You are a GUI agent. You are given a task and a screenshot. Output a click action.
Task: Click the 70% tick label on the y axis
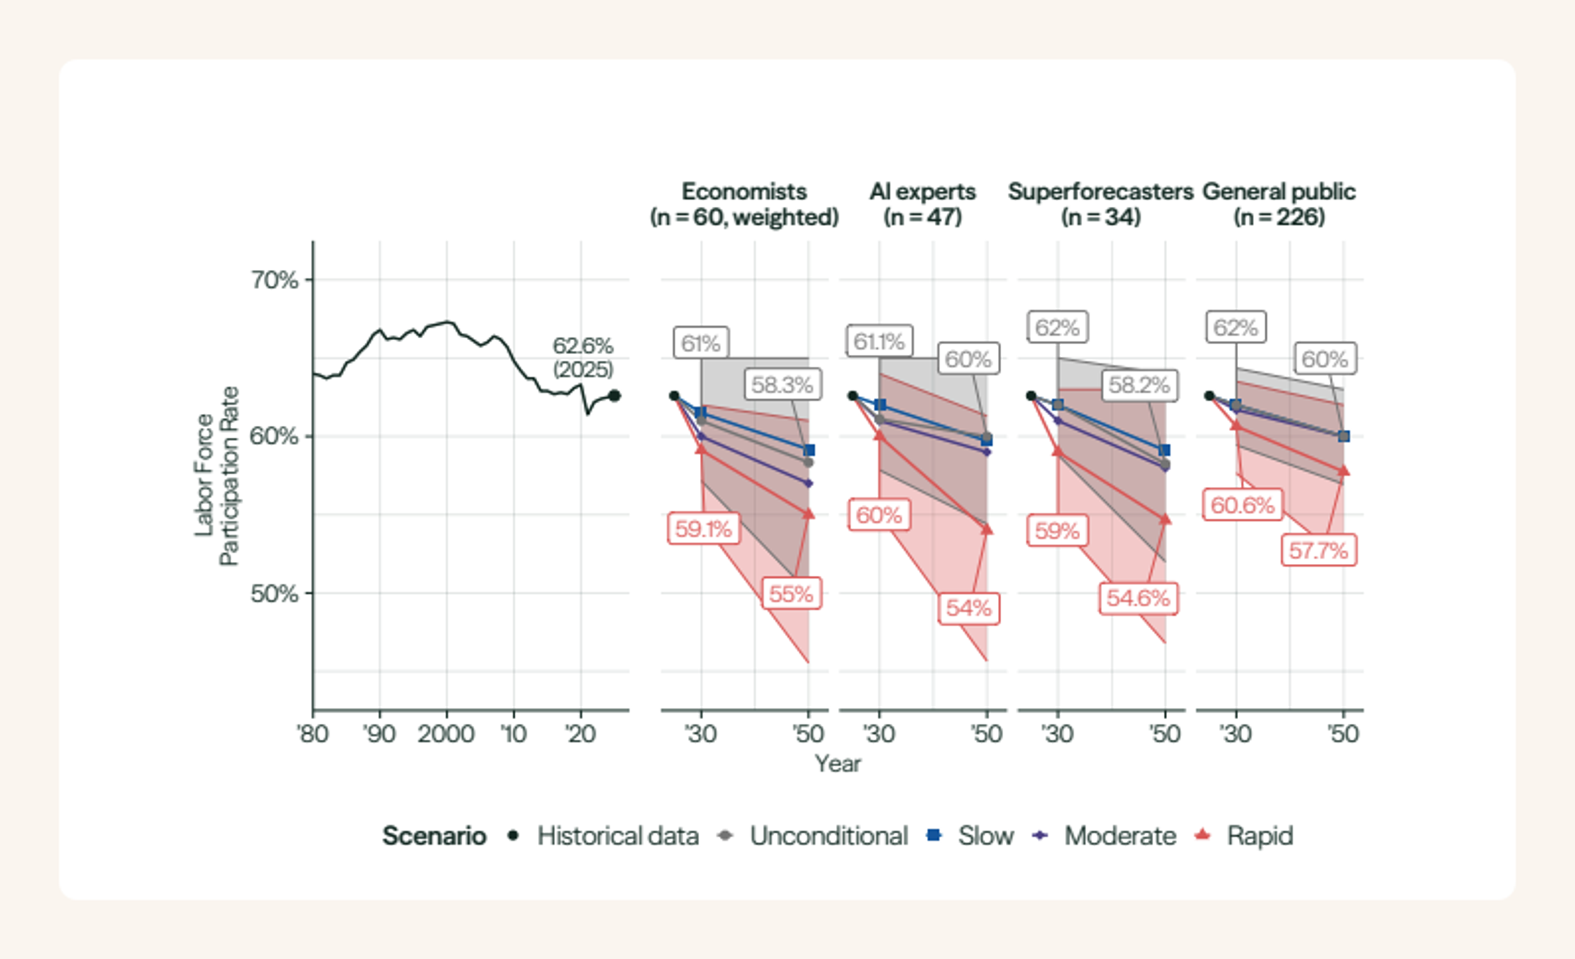pyautogui.click(x=274, y=280)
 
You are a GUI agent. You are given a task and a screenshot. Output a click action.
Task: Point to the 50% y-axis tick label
pyautogui.click(x=274, y=594)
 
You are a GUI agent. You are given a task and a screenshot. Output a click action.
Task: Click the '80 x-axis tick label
pyautogui.click(x=313, y=733)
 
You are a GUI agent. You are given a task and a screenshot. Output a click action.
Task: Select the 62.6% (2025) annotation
pyautogui.click(x=582, y=357)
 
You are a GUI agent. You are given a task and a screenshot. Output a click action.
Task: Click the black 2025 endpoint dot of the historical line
pyautogui.click(x=614, y=396)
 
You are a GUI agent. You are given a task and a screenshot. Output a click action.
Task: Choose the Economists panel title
pyautogui.click(x=744, y=204)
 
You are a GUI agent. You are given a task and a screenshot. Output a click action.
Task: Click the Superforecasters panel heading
pyautogui.click(x=1101, y=204)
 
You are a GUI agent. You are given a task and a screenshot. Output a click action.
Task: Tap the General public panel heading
pyautogui.click(x=1279, y=204)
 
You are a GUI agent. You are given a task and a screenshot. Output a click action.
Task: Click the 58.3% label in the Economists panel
pyautogui.click(x=783, y=385)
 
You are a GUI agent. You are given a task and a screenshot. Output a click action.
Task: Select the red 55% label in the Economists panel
pyautogui.click(x=791, y=594)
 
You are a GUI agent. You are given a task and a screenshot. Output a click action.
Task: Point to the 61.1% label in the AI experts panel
pyautogui.click(x=879, y=341)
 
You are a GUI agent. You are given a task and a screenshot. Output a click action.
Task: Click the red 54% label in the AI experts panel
pyautogui.click(x=968, y=608)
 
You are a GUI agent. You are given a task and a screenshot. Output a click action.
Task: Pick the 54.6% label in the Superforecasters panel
pyautogui.click(x=1139, y=599)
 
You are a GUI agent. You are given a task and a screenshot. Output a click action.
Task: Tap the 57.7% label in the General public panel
pyautogui.click(x=1319, y=550)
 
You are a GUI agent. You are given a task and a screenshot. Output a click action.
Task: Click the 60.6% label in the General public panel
pyautogui.click(x=1243, y=506)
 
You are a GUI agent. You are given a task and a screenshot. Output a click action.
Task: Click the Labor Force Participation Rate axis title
pyautogui.click(x=216, y=476)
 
